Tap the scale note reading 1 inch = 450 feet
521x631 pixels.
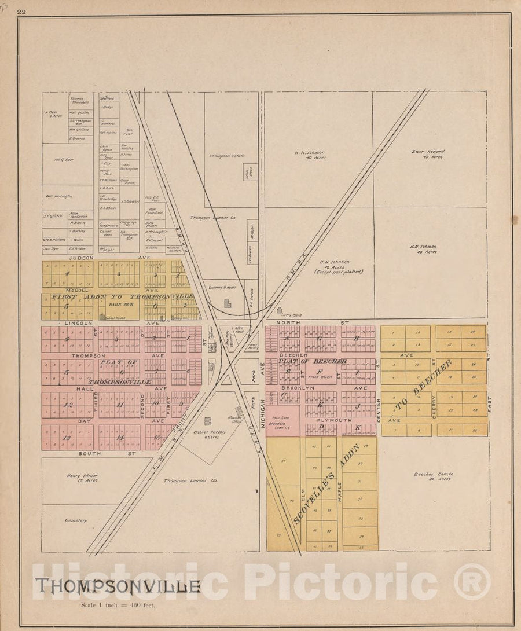118,606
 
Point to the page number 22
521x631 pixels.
22,12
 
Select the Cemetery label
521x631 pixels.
76,520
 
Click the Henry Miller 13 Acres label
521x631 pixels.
86,478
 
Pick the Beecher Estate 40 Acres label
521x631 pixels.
433,476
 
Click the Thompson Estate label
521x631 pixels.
227,156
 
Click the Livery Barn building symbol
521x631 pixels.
280,310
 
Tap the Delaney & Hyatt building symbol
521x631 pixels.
228,303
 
